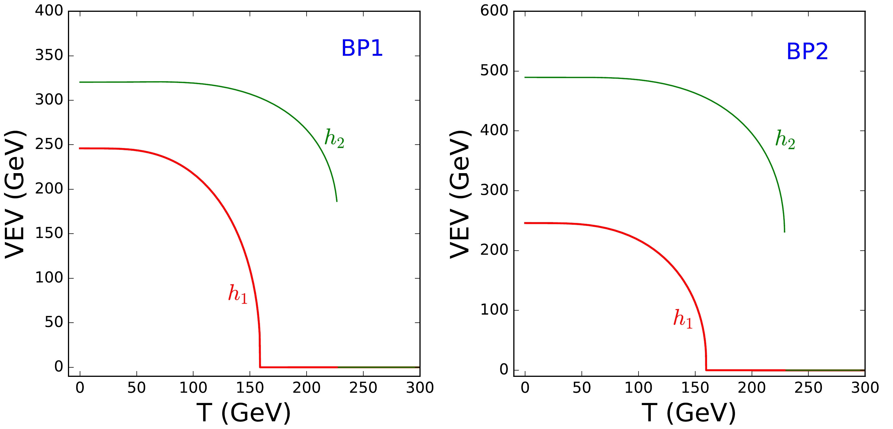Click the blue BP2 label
(807, 52)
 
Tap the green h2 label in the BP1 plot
(334, 139)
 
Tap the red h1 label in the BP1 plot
(238, 294)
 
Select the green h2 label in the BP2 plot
(785, 140)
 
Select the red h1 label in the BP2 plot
(683, 319)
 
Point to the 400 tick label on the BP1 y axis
(49, 11)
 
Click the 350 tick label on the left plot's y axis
(49, 56)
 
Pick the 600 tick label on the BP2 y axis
(494, 11)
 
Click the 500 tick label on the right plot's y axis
(494, 71)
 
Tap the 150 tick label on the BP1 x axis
(250, 388)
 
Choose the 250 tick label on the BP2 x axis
(808, 388)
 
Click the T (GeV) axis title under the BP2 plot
(689, 413)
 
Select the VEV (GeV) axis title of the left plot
(15, 194)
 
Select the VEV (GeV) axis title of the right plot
(460, 194)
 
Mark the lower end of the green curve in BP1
(337, 201)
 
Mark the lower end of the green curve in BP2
(784, 232)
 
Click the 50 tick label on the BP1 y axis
(54, 322)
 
